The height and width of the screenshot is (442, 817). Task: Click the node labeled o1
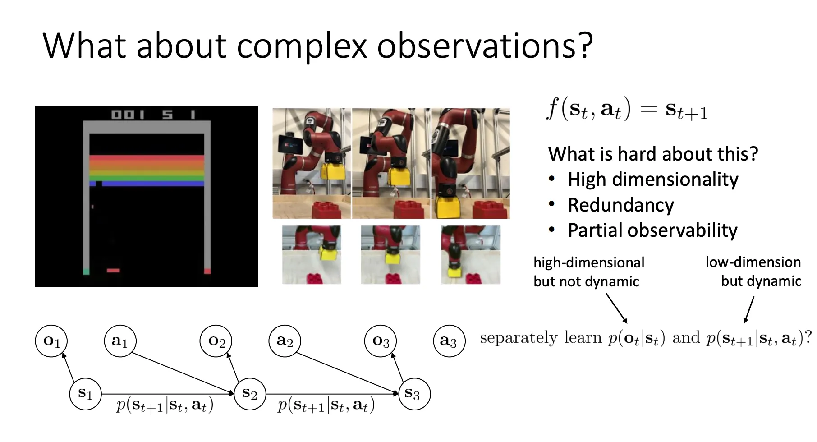tap(51, 341)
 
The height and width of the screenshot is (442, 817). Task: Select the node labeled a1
tap(120, 341)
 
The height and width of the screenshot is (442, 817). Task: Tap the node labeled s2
tap(249, 394)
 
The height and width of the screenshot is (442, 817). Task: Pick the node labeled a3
tap(449, 341)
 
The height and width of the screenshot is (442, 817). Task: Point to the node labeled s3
tap(414, 394)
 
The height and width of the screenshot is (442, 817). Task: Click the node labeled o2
tap(216, 341)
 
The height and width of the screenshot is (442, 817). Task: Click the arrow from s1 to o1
tap(69, 367)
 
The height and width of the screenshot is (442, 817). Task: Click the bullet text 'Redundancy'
tap(621, 205)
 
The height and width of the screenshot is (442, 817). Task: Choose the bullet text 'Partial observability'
tap(652, 230)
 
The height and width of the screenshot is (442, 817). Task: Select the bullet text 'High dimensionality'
tap(653, 180)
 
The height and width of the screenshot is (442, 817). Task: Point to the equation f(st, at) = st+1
tap(628, 110)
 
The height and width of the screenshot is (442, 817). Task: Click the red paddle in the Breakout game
tap(113, 271)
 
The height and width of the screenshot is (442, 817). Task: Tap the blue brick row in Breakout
tap(147, 184)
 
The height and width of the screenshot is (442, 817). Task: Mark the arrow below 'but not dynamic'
tap(616, 308)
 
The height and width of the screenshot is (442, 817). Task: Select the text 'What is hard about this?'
tap(653, 154)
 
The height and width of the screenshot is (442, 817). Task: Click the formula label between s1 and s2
tap(165, 405)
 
